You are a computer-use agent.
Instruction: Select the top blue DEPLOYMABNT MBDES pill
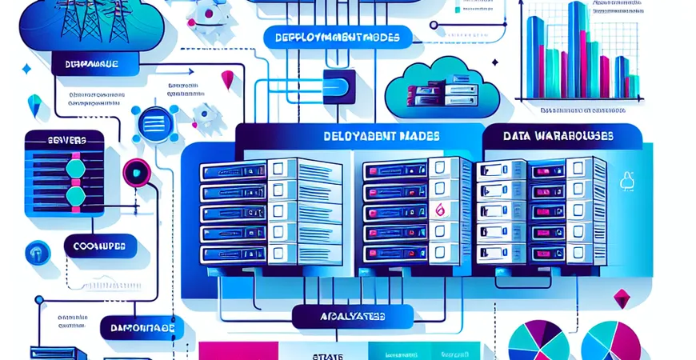[x=336, y=38]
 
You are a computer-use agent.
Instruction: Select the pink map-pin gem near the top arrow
[x=227, y=79]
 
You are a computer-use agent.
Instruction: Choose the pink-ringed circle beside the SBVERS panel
[x=134, y=174]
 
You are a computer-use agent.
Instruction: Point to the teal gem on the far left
[x=34, y=103]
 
